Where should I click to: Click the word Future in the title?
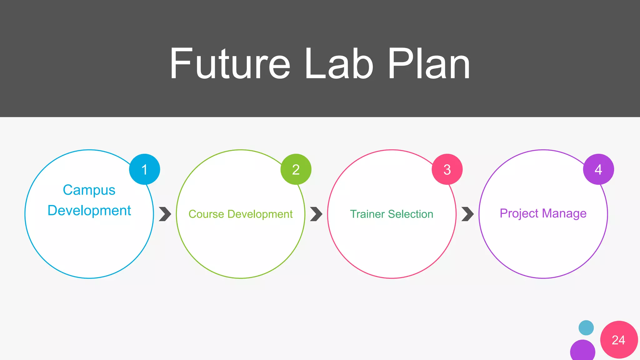click(x=230, y=64)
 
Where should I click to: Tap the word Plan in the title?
click(x=429, y=64)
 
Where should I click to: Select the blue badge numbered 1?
click(x=144, y=169)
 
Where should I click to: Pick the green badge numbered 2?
click(x=296, y=169)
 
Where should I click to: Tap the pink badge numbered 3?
click(x=447, y=169)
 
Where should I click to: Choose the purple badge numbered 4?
click(x=598, y=169)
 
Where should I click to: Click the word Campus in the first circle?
click(x=89, y=190)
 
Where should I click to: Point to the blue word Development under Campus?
click(x=89, y=210)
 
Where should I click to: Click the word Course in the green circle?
click(x=206, y=214)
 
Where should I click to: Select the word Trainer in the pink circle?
click(x=367, y=214)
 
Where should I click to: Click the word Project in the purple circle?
click(x=519, y=213)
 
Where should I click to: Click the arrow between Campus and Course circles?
click(x=165, y=214)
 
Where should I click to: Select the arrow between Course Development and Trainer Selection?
click(x=316, y=214)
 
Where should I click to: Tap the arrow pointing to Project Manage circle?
click(x=467, y=214)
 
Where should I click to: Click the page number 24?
click(x=618, y=340)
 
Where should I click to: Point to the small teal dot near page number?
click(x=586, y=328)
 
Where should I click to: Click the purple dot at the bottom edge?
click(x=582, y=351)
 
